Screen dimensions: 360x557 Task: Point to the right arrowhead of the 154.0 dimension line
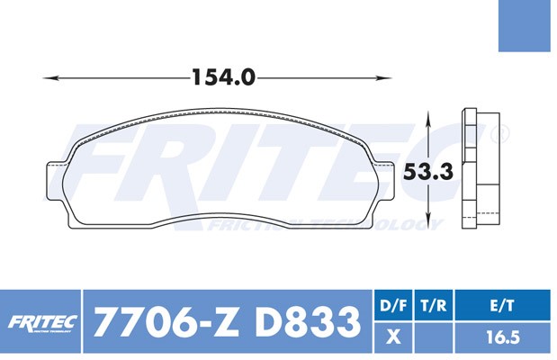391,78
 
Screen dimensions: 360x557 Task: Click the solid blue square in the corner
527,25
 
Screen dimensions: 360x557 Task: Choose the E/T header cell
504,306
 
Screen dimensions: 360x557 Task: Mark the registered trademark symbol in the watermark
501,134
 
